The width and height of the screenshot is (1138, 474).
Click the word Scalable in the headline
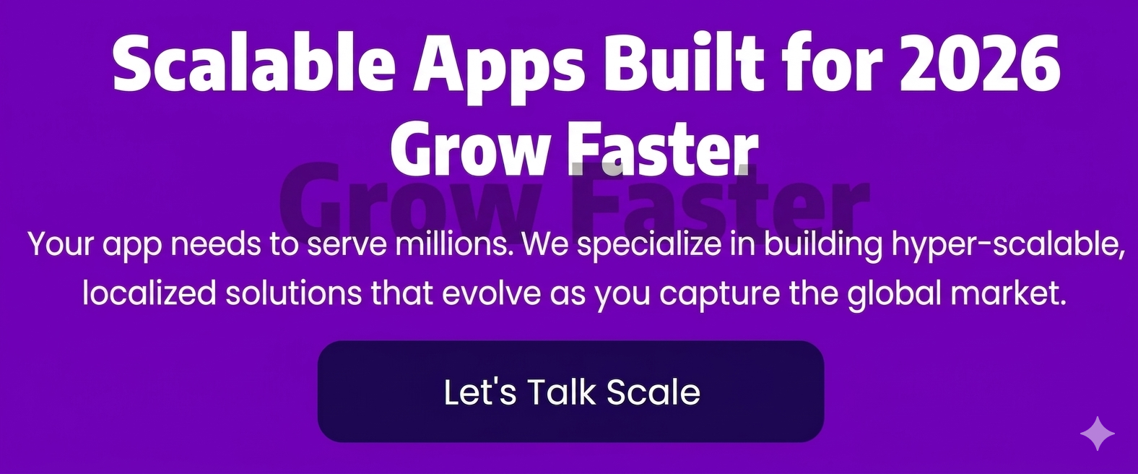pos(254,64)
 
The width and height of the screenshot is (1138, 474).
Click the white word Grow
pos(467,147)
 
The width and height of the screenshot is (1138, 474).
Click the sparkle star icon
pos(1098,434)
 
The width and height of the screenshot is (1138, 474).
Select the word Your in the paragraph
pos(61,244)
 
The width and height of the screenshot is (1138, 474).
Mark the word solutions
pos(294,293)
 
